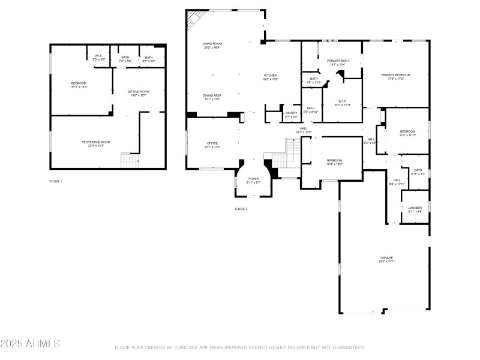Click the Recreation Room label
click(x=96, y=143)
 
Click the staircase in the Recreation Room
click(x=130, y=160)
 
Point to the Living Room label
click(x=212, y=45)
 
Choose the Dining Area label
click(x=212, y=97)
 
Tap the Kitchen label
click(x=271, y=77)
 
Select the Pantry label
click(x=292, y=114)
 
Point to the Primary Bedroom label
click(x=395, y=76)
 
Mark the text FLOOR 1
click(x=55, y=181)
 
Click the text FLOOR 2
click(x=241, y=209)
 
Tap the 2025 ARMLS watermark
click(x=30, y=344)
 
